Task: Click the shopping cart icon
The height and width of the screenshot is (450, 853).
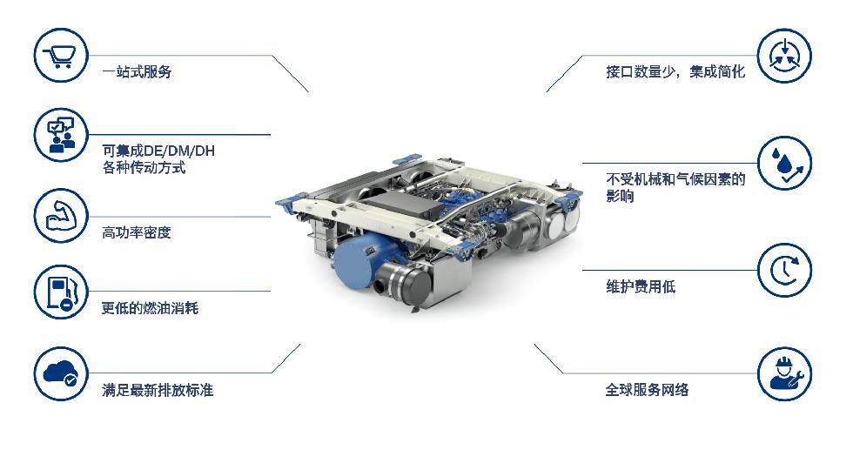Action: point(61,55)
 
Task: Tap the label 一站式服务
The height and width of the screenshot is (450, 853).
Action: point(138,72)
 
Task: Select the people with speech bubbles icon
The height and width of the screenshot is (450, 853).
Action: point(61,134)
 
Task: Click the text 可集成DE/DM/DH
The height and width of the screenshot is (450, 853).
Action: point(158,151)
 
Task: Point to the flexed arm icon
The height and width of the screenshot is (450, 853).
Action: point(61,216)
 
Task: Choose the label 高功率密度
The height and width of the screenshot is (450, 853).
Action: point(137,233)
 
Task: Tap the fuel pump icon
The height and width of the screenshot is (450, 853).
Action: point(61,292)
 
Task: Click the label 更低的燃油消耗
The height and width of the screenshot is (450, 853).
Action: point(150,308)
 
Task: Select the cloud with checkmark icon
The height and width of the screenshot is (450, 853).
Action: point(61,373)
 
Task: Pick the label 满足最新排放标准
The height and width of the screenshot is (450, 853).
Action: point(158,390)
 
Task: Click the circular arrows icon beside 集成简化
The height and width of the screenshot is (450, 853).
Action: point(784,56)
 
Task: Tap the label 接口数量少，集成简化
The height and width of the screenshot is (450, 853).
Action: point(675,72)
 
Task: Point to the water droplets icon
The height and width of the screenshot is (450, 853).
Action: point(784,163)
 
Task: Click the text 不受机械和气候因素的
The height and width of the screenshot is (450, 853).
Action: point(675,179)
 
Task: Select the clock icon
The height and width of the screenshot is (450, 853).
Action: point(784,271)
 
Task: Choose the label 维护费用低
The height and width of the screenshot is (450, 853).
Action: point(641,286)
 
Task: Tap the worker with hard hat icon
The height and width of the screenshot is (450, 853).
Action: point(784,373)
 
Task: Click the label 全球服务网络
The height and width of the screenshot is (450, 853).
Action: point(648,390)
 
